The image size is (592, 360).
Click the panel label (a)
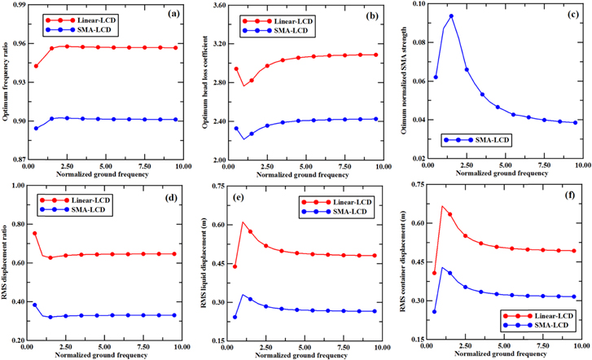coord(173,15)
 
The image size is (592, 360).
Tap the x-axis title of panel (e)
coord(306,355)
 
